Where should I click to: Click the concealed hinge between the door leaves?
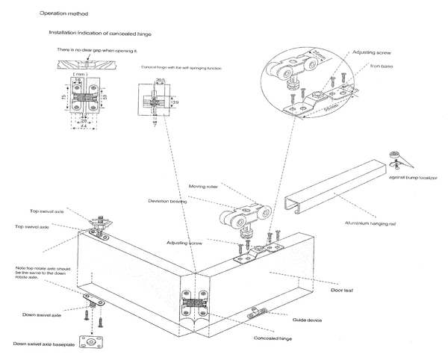click(x=196, y=306)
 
